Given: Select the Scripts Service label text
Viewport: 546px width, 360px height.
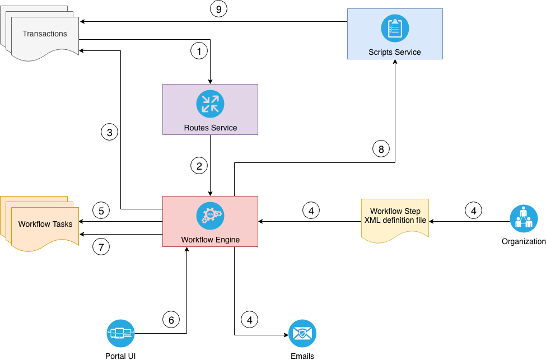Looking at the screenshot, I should (x=395, y=52).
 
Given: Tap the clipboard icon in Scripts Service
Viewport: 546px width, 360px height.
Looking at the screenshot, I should (x=395, y=28).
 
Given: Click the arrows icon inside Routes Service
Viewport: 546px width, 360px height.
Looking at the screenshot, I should (x=210, y=104).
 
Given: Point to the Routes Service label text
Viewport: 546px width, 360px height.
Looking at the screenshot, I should (x=210, y=128).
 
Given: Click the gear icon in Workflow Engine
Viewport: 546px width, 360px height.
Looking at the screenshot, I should (x=210, y=216).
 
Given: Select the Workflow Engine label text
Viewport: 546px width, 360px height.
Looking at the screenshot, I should (x=210, y=240).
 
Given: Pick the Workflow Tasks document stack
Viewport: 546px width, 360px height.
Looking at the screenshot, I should (x=45, y=224).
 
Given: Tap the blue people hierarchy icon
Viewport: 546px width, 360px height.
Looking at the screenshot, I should (x=524, y=218).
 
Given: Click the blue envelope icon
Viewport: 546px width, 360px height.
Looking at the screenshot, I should (x=302, y=334).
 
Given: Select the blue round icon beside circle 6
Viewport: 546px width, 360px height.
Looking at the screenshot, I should (x=121, y=334).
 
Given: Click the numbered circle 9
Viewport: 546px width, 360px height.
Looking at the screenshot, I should (x=218, y=9).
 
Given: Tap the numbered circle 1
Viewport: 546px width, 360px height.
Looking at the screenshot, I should (x=199, y=51).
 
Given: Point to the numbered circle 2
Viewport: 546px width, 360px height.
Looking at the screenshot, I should (x=199, y=166).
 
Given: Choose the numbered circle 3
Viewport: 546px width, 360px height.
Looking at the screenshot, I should (x=109, y=133).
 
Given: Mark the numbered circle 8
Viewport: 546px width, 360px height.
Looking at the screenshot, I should (x=381, y=149).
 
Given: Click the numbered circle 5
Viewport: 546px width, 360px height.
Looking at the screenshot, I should (x=101, y=211).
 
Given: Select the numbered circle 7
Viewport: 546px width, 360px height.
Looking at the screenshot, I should (x=101, y=246).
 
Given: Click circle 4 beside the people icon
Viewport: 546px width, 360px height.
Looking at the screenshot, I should (x=473, y=211).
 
